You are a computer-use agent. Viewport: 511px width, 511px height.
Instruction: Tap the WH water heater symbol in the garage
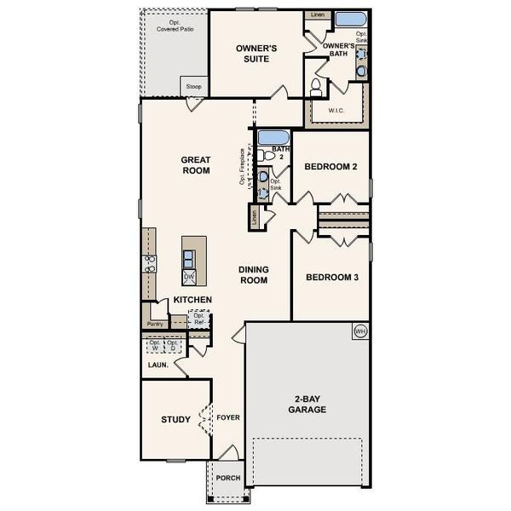point(359,330)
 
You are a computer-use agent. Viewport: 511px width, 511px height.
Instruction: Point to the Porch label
point(227,478)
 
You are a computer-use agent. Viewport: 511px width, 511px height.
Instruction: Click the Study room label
point(175,419)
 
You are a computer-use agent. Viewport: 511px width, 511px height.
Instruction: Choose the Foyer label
point(227,418)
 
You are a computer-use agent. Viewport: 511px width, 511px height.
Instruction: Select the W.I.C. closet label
point(336,111)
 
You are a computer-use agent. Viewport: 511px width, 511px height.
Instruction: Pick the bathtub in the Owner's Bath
point(348,20)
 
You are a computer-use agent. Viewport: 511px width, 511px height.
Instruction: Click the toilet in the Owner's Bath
point(316,86)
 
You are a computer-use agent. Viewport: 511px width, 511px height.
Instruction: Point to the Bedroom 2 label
point(331,167)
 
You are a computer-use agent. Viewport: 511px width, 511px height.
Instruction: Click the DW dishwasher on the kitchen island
point(190,276)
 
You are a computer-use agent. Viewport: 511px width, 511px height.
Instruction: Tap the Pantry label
point(155,324)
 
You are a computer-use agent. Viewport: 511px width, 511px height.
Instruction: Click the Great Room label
point(195,164)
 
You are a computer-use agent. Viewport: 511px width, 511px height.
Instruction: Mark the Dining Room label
point(253,274)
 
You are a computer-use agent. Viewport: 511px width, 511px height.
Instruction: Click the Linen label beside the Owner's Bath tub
point(318,15)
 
